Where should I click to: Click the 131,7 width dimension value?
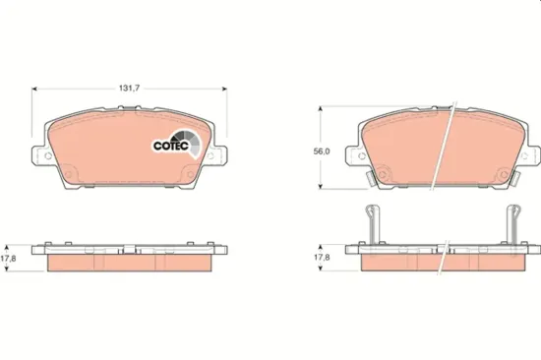pyautogui.click(x=132, y=87)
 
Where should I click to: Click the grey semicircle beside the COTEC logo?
pyautogui.click(x=191, y=145)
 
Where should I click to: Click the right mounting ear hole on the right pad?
pyautogui.click(x=532, y=154)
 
